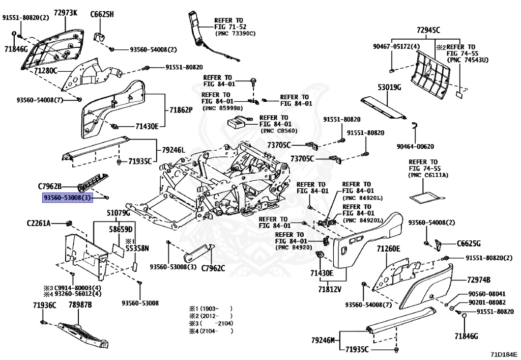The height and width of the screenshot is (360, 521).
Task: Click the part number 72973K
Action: (x=66, y=13)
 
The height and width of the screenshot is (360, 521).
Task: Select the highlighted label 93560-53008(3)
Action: (x=68, y=197)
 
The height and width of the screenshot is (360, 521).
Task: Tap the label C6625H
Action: (x=102, y=14)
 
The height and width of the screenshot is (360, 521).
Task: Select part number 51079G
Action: (x=118, y=212)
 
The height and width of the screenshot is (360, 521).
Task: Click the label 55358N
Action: (x=138, y=248)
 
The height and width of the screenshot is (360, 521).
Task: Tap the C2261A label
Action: (x=39, y=223)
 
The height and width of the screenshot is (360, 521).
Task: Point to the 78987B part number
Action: (x=80, y=305)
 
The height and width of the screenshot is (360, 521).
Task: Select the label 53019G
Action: (x=389, y=88)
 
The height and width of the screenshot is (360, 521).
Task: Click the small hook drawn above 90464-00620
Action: (x=415, y=126)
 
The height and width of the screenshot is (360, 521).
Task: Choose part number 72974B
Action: (x=479, y=280)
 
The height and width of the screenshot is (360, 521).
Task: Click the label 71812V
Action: (x=330, y=289)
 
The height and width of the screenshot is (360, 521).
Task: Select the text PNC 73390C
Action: (x=235, y=34)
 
